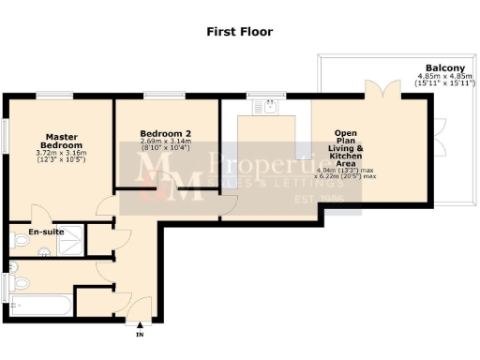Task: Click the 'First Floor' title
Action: click(240, 32)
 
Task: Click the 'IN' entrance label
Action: click(140, 335)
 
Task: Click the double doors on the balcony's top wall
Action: click(382, 91)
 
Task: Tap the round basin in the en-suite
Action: click(44, 250)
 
